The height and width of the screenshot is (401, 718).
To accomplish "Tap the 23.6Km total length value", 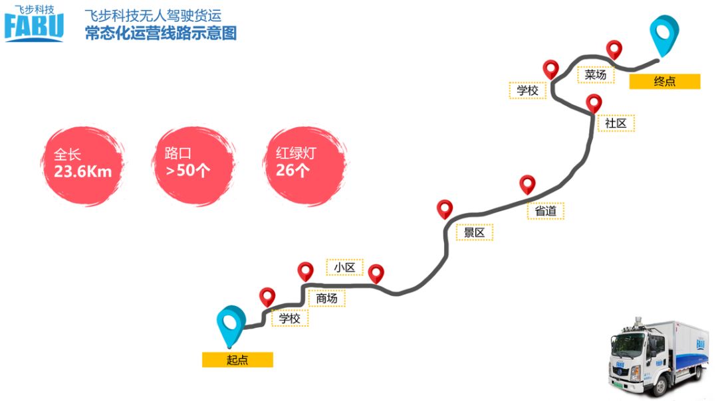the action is [82, 172].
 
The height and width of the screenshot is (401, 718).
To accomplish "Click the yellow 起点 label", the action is [237, 360].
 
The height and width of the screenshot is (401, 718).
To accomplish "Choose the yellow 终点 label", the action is [664, 81].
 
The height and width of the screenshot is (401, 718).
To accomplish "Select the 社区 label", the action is [616, 123].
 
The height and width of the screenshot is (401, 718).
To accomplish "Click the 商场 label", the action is [326, 298].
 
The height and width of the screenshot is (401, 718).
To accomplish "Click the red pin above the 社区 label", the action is [594, 103].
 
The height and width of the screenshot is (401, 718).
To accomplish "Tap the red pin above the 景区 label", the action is [445, 208].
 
